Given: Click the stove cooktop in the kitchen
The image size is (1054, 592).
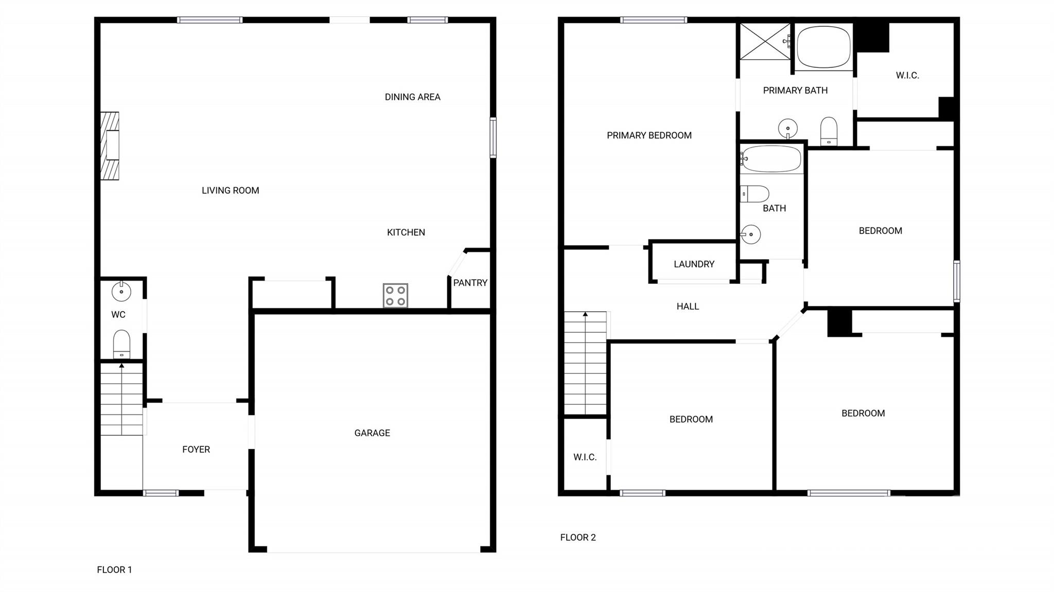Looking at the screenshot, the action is coord(395,296).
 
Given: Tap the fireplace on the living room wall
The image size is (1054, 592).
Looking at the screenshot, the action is coord(110,146).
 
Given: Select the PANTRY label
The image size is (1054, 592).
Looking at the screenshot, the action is coord(470,283).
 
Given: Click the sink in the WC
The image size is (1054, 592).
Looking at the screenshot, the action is coord(121,292).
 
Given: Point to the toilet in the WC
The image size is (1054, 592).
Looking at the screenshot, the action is coord(121,344).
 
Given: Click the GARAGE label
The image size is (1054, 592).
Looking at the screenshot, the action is coord(372,433).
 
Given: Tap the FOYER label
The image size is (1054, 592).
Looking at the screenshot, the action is coord(196,450).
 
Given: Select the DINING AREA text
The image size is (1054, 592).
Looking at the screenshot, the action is coord(413,97).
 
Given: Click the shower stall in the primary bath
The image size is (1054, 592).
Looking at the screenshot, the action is coord(765,41).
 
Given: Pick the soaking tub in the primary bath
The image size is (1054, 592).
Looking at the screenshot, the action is coord(823,47).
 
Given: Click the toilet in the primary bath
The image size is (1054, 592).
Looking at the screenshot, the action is coord(829,132).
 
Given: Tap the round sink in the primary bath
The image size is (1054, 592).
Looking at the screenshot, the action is coord(787,128).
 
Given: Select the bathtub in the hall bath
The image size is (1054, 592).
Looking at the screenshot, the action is coord(771,159).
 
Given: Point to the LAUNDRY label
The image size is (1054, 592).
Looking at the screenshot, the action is coord(694,264).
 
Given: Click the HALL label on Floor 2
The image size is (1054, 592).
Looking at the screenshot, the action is coord(688,307).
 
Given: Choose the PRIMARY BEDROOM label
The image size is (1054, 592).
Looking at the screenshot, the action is coord(649,136).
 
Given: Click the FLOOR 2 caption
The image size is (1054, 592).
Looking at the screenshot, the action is coord(578,537).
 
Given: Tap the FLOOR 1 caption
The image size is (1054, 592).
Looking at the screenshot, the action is coord(114,570).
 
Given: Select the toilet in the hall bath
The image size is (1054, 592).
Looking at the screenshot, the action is coord(754,194).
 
